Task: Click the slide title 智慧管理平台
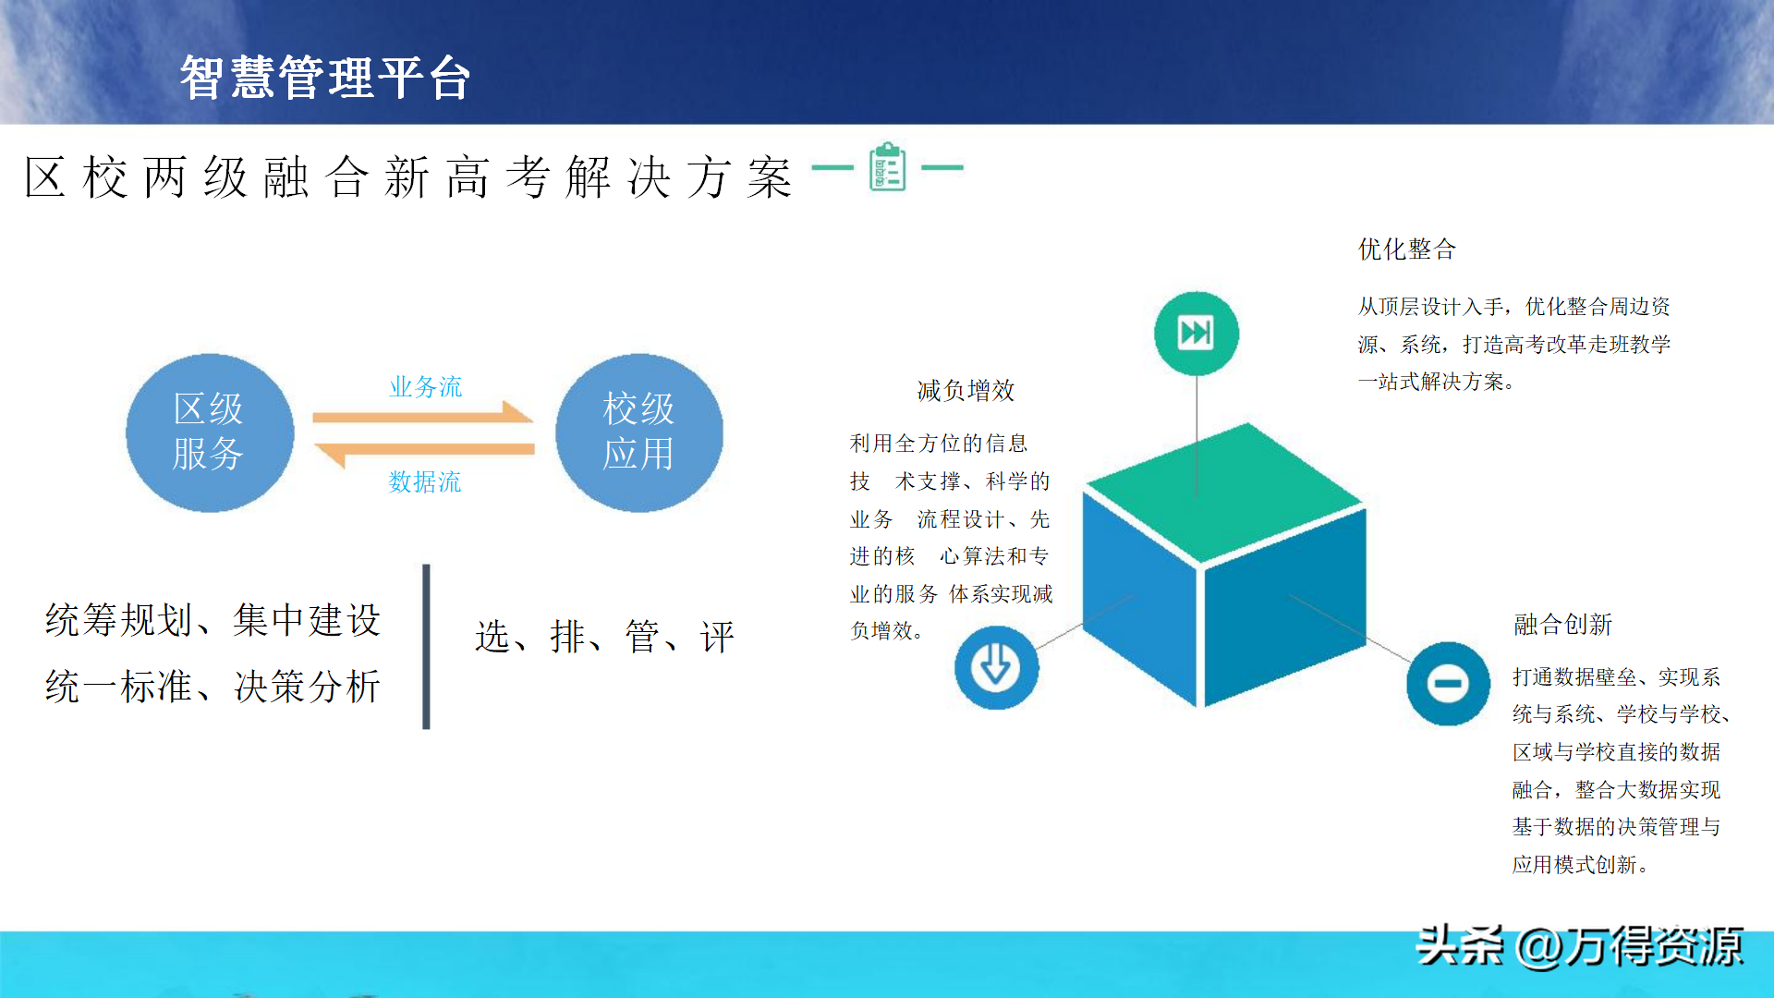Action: tap(325, 77)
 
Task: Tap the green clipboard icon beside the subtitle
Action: tap(888, 167)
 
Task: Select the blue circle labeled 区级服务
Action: tap(210, 432)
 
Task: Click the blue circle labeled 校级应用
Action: tap(639, 432)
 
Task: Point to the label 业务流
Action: tap(426, 386)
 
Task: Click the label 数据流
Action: tap(425, 481)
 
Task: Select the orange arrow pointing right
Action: tap(423, 413)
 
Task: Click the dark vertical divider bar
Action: tap(426, 647)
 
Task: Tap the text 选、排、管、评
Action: tap(604, 637)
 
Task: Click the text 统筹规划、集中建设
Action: tap(213, 620)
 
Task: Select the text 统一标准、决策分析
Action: tap(213, 687)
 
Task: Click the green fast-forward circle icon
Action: tap(1197, 333)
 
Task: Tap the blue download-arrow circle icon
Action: tap(996, 667)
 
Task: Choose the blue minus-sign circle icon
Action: tap(1448, 684)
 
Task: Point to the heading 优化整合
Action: tap(1407, 249)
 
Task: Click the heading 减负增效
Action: tap(966, 391)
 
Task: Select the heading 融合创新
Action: tap(1562, 625)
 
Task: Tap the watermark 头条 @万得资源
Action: tap(1580, 947)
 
